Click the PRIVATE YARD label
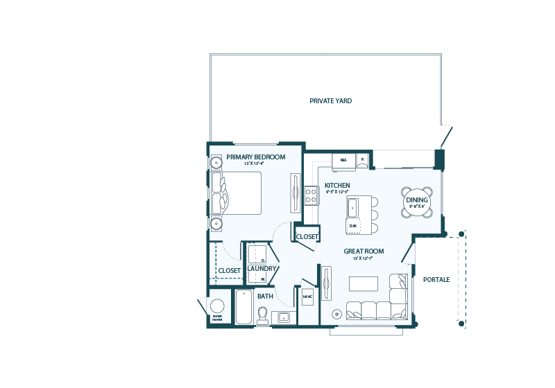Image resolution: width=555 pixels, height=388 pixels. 331,101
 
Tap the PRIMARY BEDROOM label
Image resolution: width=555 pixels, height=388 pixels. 255,157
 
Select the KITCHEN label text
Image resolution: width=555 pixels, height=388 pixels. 337,186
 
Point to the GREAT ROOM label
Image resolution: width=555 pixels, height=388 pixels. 364,251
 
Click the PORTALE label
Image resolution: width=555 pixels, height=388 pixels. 436,279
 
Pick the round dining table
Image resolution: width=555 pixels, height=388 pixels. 417,202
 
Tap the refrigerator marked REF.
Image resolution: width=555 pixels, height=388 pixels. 343,161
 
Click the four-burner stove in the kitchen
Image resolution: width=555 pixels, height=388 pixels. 311,195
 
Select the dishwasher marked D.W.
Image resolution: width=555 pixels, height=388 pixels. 353,226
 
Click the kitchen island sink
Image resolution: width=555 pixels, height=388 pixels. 352,206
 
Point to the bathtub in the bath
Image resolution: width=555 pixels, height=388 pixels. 244,307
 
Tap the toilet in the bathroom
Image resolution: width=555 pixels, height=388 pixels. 263,317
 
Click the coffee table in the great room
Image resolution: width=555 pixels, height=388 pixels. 363,283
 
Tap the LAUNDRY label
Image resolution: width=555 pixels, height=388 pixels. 262,269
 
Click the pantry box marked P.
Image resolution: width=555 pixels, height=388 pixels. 362,161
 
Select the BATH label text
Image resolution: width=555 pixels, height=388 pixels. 266,297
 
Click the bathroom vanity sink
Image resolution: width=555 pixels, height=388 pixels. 284,318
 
